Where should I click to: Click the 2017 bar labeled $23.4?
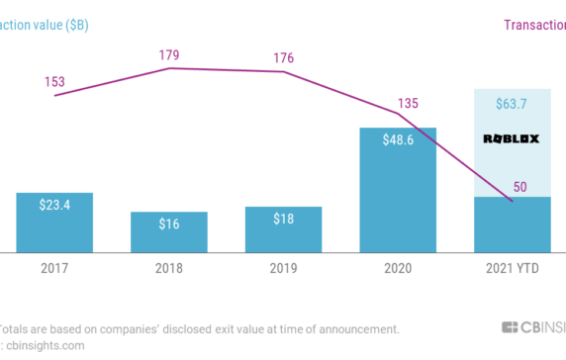point(54,222)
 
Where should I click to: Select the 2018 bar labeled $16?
point(169,231)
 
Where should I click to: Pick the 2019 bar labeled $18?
point(283,228)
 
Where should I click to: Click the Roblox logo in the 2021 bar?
point(512,139)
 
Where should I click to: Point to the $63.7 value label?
point(512,104)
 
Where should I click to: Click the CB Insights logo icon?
point(512,328)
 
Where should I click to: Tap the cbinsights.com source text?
point(44,345)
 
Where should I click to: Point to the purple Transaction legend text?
point(533,25)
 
